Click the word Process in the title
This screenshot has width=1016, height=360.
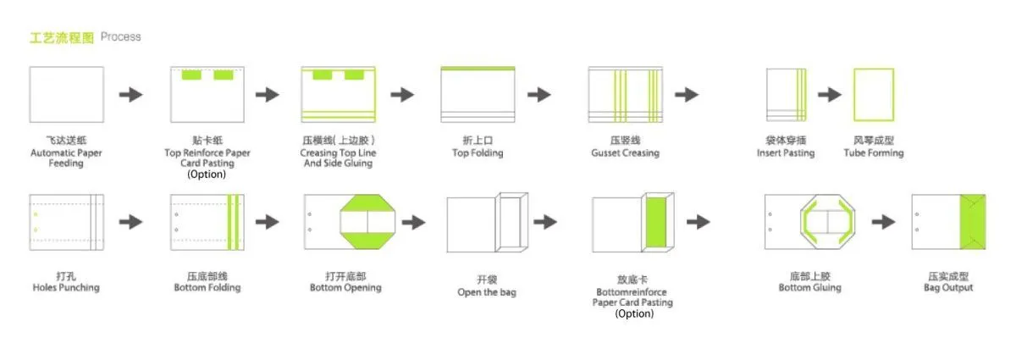point(120,37)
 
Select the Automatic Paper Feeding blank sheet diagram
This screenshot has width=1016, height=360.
point(66,94)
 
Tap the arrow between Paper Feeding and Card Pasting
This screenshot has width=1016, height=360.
point(130,94)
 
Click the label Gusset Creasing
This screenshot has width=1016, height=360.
point(624,153)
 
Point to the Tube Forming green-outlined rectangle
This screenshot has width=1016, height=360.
point(873,95)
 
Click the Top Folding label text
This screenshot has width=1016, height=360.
point(478,153)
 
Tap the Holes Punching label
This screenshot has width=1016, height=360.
point(66,287)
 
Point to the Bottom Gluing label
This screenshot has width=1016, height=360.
point(809,287)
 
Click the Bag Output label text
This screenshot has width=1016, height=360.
point(947,287)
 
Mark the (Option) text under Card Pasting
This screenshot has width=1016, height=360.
point(207,174)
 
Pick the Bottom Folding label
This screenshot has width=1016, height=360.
point(207,287)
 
